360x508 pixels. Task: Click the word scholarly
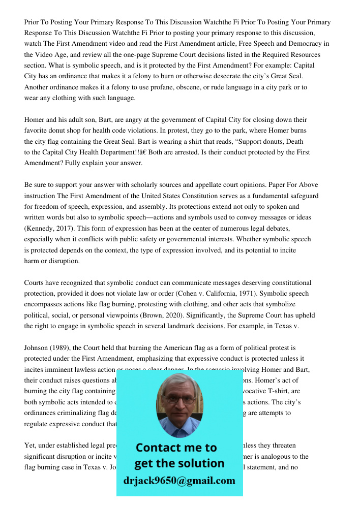click(146, 185)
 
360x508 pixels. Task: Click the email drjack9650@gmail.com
click(179, 481)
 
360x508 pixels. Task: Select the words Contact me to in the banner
click(176, 448)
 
